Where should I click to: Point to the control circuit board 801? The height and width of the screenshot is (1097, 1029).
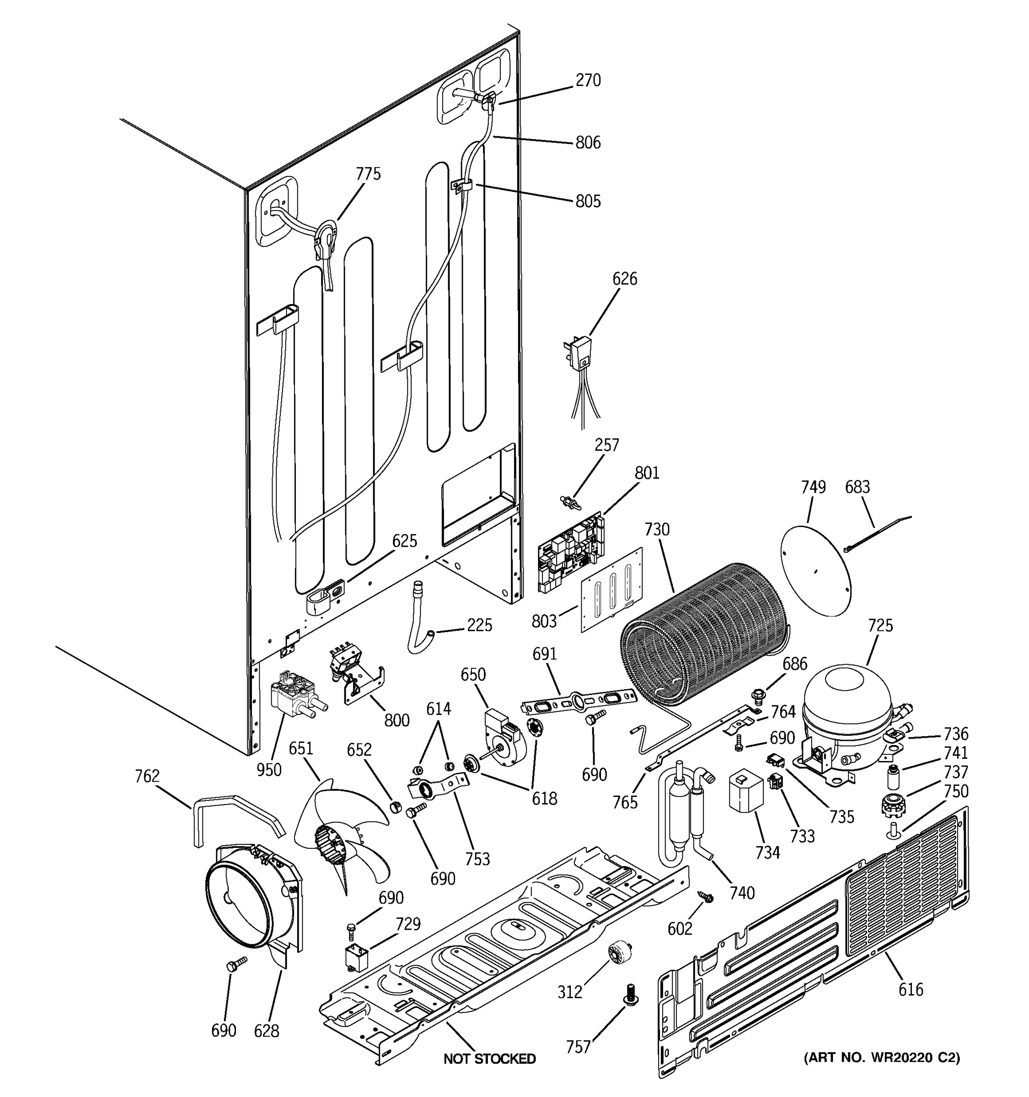point(571,549)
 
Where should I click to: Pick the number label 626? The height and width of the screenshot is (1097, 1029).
point(624,279)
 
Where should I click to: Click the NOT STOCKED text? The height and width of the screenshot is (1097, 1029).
point(489,1058)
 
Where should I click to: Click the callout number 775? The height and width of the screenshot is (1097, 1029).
point(368,174)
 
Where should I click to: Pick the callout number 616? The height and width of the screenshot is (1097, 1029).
point(910,990)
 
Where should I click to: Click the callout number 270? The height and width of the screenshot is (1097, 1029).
point(588,80)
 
